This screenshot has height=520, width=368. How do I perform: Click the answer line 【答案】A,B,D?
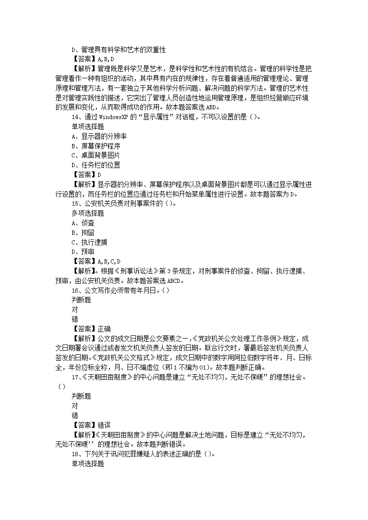(x=93, y=59)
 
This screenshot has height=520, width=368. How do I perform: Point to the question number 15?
(x=75, y=203)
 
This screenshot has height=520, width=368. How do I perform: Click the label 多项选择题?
(x=88, y=213)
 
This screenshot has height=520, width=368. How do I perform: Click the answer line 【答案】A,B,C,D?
(x=96, y=261)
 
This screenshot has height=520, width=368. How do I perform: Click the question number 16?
(x=75, y=290)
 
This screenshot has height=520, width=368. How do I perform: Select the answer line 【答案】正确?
(x=91, y=329)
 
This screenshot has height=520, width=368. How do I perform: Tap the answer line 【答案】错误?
(x=91, y=425)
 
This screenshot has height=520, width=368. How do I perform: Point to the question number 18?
(x=75, y=454)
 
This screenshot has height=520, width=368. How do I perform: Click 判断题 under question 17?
(x=81, y=396)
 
